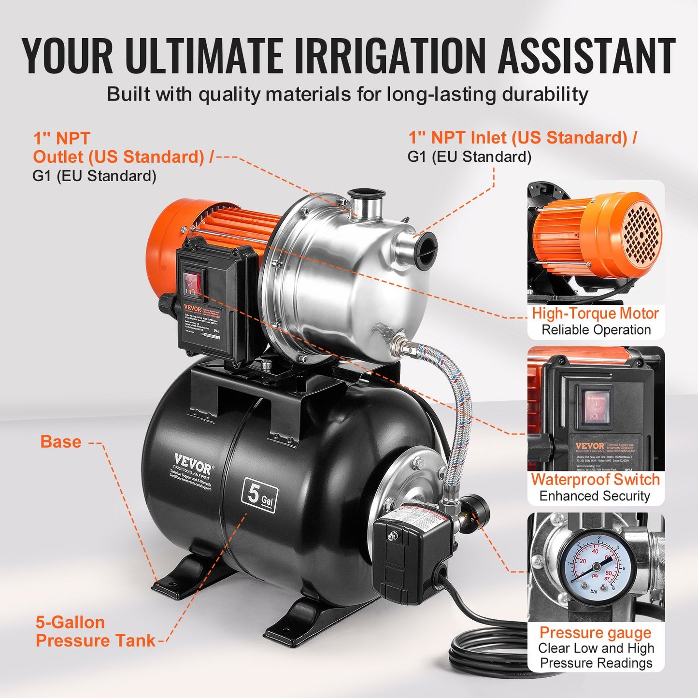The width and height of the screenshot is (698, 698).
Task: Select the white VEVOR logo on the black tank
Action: [192, 463]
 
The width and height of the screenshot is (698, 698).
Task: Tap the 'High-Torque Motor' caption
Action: [595, 313]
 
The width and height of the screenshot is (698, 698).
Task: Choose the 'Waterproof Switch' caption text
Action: [595, 480]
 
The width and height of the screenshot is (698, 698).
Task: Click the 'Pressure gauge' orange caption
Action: [595, 632]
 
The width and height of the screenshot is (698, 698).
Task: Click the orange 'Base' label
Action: [60, 442]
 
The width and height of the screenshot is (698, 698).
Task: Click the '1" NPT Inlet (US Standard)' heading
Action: [522, 138]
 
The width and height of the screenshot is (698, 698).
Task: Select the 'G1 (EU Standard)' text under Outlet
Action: [94, 176]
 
